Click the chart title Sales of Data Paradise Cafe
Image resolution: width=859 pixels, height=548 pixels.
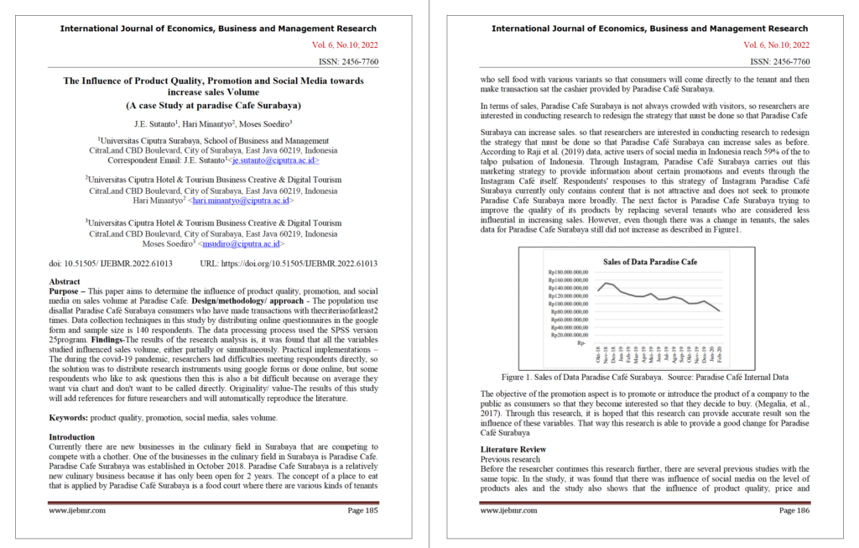point(650,262)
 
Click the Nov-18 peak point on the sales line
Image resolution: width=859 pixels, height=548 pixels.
point(607,283)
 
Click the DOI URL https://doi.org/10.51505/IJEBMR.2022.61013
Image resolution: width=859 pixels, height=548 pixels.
point(289,263)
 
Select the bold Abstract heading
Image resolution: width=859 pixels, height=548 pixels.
point(65,282)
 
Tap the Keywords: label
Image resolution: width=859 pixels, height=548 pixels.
point(70,416)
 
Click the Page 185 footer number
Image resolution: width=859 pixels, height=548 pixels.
point(362,509)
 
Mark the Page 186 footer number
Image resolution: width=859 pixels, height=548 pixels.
point(794,509)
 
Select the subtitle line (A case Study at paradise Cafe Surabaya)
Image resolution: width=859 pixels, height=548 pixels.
point(213,106)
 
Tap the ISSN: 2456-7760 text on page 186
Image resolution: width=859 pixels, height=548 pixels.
point(780,61)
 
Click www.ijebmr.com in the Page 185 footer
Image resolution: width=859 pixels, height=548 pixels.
point(77,509)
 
